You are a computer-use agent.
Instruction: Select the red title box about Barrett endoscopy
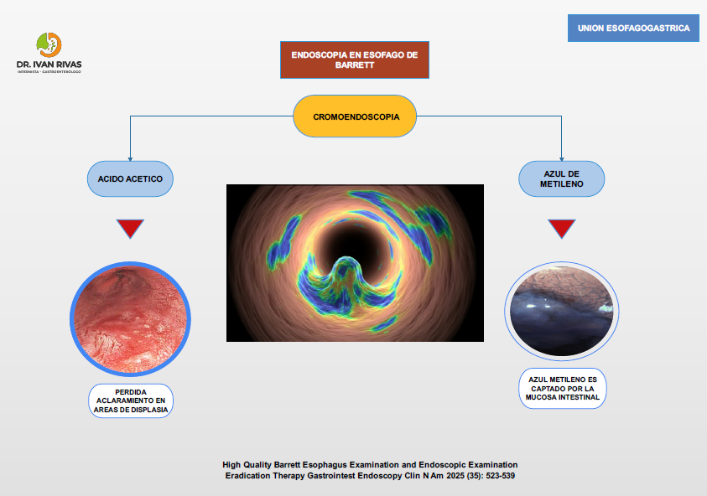coord(354,59)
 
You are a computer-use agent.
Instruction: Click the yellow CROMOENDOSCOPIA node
coord(355,116)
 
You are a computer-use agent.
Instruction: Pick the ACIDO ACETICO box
coord(130,178)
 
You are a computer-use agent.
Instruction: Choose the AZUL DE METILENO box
coord(562,178)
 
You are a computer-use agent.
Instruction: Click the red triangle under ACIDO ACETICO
coord(130,229)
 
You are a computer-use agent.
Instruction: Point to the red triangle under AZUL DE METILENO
coord(562,229)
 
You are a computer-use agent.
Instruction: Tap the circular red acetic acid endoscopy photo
coord(130,318)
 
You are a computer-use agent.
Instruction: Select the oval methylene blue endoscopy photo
coord(561,311)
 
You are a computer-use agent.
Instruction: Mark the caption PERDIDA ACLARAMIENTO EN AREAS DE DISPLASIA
coord(131,401)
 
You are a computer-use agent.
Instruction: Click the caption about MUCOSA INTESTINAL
coord(562,388)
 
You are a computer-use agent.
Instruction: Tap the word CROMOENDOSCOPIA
coord(355,117)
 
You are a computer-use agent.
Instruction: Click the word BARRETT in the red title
coord(354,65)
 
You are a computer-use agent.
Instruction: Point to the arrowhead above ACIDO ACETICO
coord(130,158)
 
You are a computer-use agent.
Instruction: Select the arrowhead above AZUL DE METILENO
coord(562,158)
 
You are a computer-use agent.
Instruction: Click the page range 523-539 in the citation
coord(500,476)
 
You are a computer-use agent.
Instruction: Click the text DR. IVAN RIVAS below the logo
coord(49,64)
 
